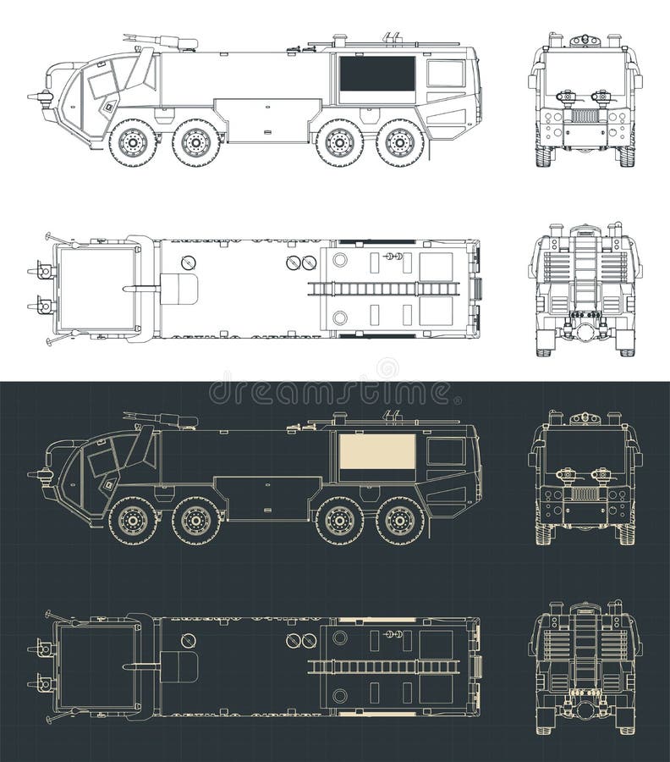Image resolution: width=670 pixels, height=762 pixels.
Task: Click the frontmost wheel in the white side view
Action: tap(133, 143)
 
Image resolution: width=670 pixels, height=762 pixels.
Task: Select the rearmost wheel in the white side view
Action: tap(399, 143)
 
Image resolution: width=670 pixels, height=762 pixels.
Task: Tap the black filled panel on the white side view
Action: tap(377, 74)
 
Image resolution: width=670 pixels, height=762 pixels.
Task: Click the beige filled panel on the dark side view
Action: tap(377, 452)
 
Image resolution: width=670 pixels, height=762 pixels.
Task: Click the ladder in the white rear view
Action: tap(585, 271)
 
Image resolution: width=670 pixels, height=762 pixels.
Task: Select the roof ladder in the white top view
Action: tap(383, 289)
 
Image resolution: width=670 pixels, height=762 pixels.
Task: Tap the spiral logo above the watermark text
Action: tap(387, 368)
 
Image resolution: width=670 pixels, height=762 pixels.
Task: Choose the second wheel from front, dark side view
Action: tap(196, 521)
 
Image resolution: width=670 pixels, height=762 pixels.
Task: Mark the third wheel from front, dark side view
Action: tap(339, 521)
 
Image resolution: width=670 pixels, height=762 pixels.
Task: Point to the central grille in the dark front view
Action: tap(585, 494)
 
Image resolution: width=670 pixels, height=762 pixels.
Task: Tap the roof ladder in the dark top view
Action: tap(383, 667)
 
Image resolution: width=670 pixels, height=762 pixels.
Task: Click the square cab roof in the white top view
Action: tap(97, 289)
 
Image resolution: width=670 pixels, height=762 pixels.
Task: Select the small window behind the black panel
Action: tap(445, 74)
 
